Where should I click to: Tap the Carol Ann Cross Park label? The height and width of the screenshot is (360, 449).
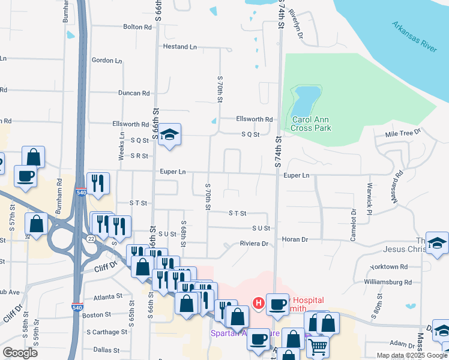click(311, 124)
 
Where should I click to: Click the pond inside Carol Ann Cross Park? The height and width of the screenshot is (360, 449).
click(306, 97)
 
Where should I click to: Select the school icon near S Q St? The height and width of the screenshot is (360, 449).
click(170, 136)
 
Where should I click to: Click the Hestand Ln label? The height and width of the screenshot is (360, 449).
click(179, 46)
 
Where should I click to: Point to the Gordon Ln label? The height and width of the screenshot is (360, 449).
click(107, 61)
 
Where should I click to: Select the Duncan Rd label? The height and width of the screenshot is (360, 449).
click(133, 93)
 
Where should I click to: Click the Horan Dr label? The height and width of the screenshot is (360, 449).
click(295, 239)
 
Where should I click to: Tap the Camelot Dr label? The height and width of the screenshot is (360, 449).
click(354, 220)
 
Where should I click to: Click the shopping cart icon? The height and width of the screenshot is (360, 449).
click(318, 346)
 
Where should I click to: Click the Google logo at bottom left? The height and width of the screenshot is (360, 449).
click(20, 352)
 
